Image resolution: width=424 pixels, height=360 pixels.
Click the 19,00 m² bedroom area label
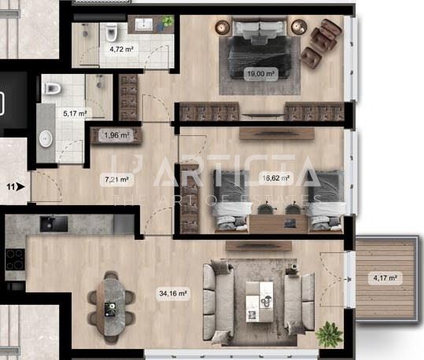click(260, 74)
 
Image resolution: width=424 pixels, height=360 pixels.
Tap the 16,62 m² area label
click(276, 178)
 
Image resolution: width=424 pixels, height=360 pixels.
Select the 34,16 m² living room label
click(173, 293)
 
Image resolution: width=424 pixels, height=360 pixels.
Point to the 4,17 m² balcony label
click(385, 277)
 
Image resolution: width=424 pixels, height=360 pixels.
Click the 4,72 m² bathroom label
click(122, 50)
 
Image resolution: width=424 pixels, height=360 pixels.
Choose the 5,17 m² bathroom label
click(75, 113)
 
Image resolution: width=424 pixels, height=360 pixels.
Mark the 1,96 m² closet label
click(116, 135)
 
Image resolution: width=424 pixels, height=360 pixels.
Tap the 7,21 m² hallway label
click(116, 179)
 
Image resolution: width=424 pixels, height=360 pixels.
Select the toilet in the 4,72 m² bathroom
click(111, 32)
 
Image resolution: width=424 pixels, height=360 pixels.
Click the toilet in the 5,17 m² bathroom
click(52, 88)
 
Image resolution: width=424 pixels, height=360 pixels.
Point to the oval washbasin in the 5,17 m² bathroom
click(46, 139)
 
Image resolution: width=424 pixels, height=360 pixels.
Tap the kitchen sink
click(53, 223)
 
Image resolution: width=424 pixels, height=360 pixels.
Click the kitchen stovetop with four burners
click(15, 259)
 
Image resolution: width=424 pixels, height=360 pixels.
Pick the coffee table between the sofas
click(260, 302)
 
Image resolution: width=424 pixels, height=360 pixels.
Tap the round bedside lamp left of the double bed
click(223, 28)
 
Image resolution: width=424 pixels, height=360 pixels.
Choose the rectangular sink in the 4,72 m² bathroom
click(144, 24)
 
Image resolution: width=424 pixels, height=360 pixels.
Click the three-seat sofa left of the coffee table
click(219, 302)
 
